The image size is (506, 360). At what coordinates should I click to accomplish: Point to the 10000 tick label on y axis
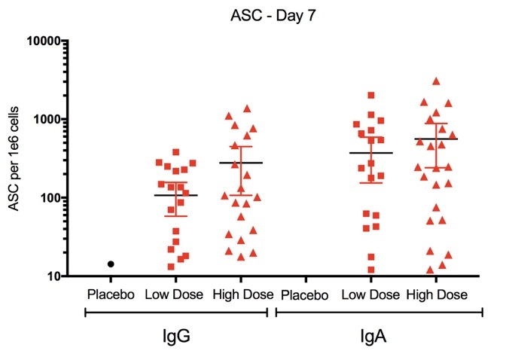44,41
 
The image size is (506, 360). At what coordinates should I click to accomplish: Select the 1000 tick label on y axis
47,119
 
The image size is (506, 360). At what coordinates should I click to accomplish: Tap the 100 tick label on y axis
50,198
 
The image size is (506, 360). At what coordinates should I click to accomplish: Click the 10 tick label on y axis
53,277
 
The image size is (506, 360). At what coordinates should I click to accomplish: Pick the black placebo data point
111,264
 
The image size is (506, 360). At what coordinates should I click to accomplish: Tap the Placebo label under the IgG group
110,294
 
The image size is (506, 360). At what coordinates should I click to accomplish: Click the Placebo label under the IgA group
304,294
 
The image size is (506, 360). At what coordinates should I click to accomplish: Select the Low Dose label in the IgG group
175,294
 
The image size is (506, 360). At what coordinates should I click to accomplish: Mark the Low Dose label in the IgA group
370,294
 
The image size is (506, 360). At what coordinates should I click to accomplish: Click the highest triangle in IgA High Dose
436,81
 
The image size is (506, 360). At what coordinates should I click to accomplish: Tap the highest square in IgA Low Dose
371,96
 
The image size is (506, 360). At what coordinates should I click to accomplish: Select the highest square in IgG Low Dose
176,153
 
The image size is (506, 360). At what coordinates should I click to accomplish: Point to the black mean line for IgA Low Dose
371,153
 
